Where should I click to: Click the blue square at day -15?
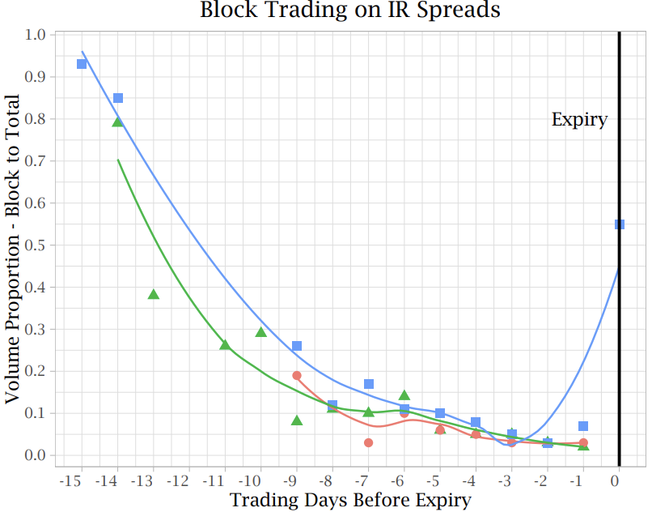(x=82, y=64)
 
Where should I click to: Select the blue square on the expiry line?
(x=619, y=224)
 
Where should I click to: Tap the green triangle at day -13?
(x=154, y=295)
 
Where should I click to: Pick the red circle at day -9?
(x=297, y=376)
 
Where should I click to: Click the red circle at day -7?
(x=368, y=443)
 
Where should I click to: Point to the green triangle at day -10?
(x=260, y=332)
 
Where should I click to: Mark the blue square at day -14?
(x=118, y=98)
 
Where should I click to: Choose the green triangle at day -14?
(x=117, y=122)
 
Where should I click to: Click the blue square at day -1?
(x=583, y=426)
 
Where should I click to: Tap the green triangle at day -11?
(x=225, y=344)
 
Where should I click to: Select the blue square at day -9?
(x=297, y=346)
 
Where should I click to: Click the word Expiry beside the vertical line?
(x=579, y=120)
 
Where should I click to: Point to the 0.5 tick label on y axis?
(x=35, y=245)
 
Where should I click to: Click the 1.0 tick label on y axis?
(x=35, y=35)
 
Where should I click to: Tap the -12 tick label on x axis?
(x=178, y=481)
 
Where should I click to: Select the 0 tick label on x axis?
(x=615, y=481)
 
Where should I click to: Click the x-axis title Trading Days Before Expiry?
(x=350, y=501)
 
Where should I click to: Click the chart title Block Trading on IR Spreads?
(x=350, y=10)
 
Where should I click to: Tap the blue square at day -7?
(x=369, y=384)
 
